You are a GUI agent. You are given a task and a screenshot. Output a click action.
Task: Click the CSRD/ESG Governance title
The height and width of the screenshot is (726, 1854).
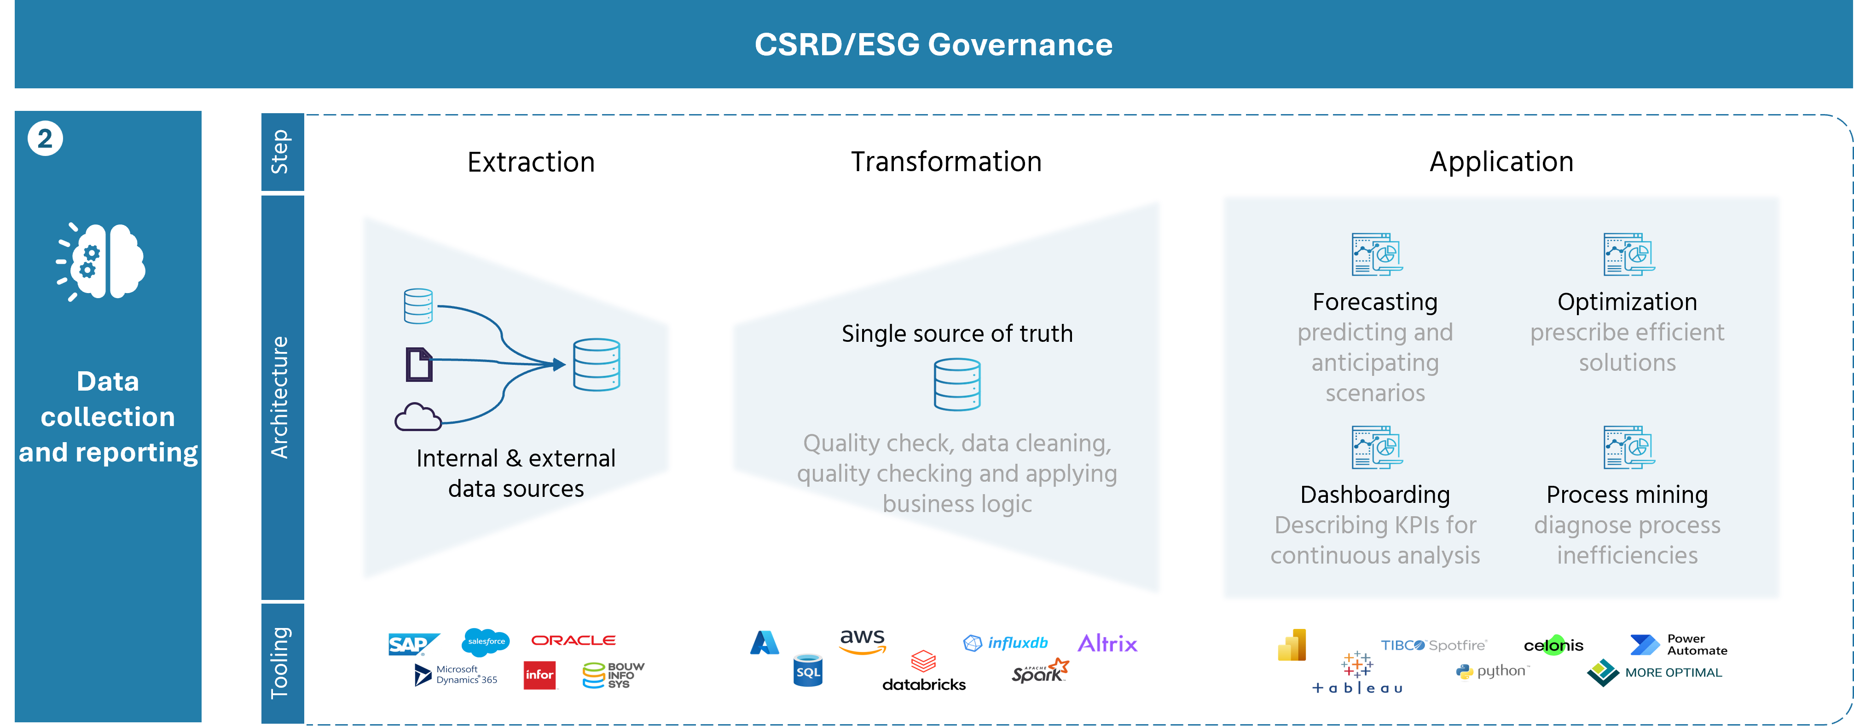point(933,45)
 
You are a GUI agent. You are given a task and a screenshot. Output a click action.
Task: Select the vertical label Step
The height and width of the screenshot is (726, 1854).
point(280,152)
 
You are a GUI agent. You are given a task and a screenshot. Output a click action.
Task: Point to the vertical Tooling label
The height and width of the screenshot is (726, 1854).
point(280,663)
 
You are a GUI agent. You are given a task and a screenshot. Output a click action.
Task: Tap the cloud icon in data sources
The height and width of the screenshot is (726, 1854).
point(417,417)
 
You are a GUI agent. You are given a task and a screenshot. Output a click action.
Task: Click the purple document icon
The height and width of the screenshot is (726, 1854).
point(419,364)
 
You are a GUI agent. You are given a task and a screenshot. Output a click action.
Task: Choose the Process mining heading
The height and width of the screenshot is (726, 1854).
point(1627,495)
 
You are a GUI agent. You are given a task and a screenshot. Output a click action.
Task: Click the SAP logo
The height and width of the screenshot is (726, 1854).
point(414,644)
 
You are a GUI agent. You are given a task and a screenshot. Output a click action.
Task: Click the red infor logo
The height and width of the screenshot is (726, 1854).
point(540,675)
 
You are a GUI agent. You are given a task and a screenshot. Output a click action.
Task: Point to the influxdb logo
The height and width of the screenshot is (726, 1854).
point(1005,643)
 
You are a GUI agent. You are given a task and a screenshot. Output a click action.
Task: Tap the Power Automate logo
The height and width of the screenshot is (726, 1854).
point(1678,645)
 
